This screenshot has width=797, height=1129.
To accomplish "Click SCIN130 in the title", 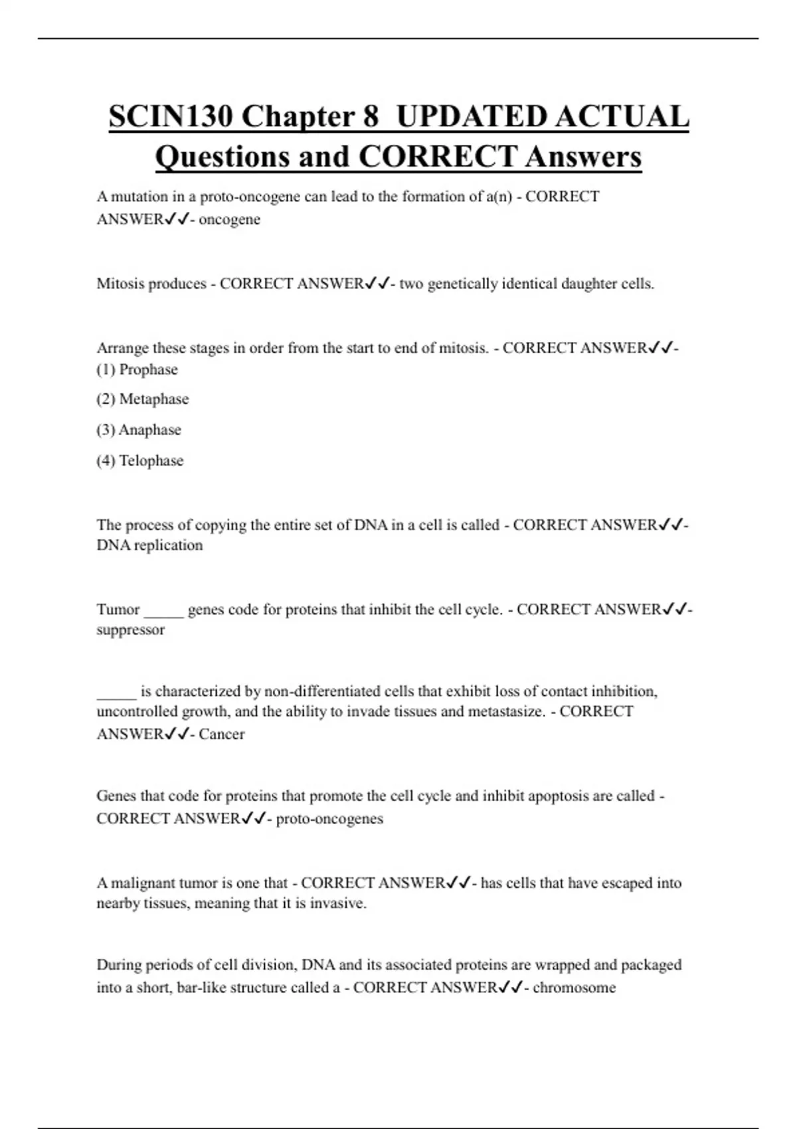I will coord(170,117).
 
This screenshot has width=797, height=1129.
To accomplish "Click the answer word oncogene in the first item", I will coord(229,219).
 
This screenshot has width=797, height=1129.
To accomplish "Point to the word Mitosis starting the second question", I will coord(118,284).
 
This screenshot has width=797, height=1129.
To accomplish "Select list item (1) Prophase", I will coord(137,369).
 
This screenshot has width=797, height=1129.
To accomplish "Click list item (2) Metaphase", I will coord(143,399).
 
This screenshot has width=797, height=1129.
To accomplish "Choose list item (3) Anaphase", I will coord(139,430).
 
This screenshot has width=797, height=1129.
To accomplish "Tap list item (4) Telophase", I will coord(140,460).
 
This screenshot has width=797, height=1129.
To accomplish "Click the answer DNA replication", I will coord(149,545).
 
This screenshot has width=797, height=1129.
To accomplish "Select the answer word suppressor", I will coord(130,630).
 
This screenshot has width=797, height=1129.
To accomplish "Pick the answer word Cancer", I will coord(222,734).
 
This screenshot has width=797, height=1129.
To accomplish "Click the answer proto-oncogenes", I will coord(329,818).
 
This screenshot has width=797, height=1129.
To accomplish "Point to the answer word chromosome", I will coord(574,988).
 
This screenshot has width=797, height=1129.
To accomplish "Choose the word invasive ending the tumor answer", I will coord(338,903).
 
